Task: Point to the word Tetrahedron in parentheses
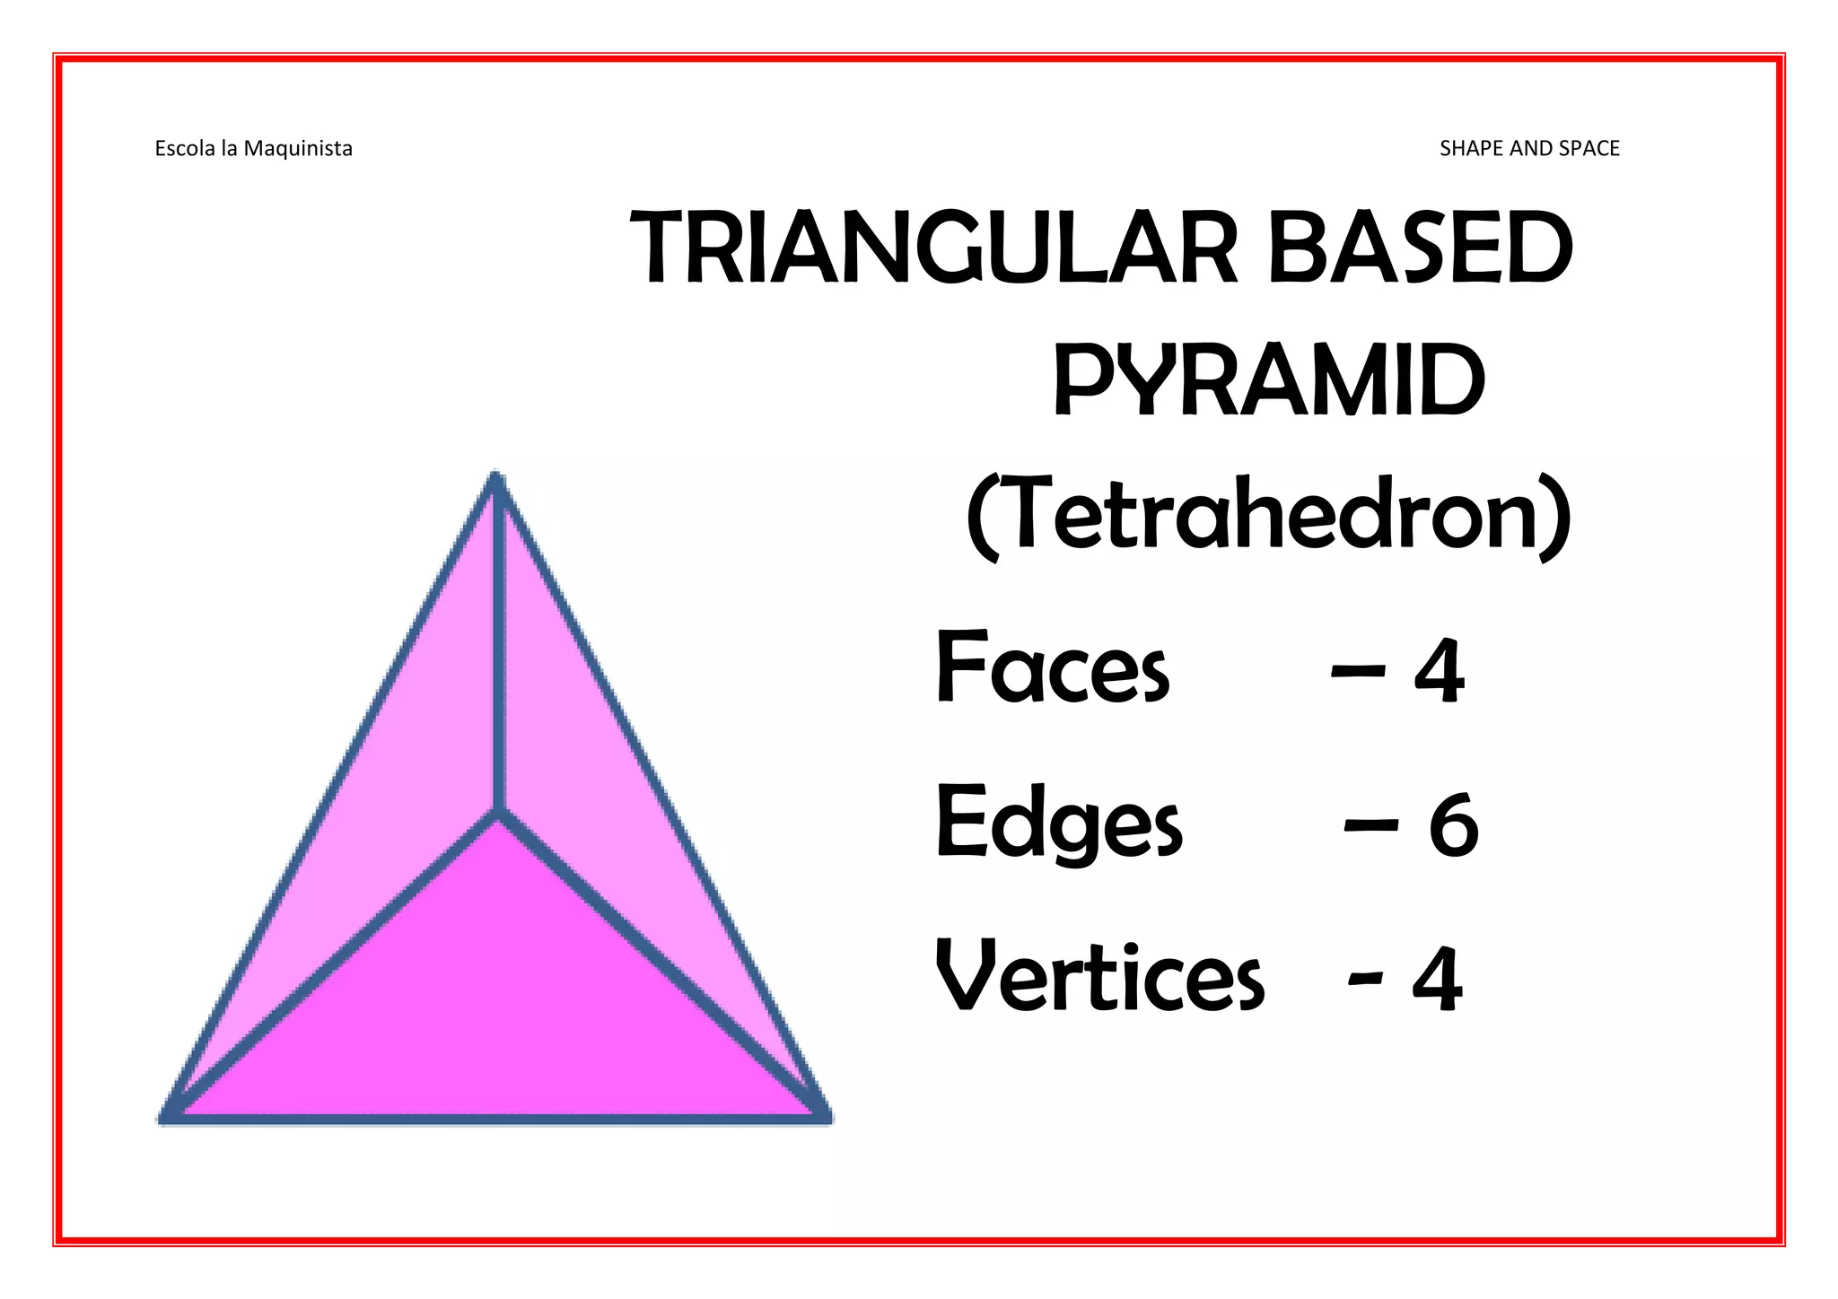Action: click(x=1269, y=516)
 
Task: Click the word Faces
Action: click(x=1053, y=667)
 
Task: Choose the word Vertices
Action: click(x=1099, y=976)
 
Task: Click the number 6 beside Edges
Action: click(x=1453, y=824)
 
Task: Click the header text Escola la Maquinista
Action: click(x=253, y=148)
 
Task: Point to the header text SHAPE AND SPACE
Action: click(x=1529, y=148)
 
